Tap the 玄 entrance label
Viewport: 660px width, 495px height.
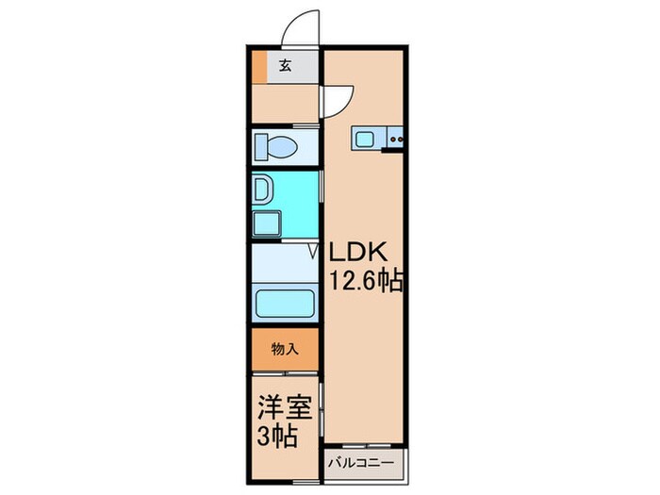[284, 65]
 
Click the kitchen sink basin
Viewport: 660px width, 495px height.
[365, 139]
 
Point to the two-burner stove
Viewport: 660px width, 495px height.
[396, 140]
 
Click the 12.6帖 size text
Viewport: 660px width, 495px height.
[367, 281]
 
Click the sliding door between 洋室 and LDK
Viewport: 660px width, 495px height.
[322, 406]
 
